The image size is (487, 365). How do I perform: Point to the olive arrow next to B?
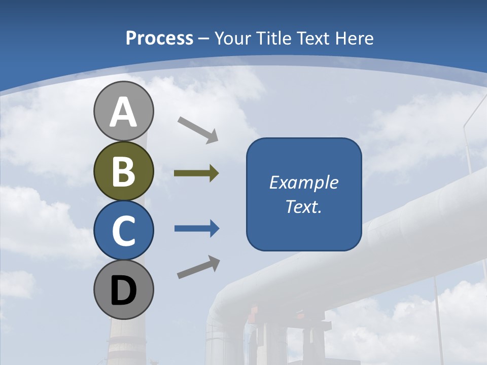(x=196, y=173)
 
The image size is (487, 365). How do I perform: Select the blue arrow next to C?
(x=197, y=229)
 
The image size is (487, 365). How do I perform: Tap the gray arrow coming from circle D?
(x=198, y=267)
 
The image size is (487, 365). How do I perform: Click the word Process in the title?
(x=159, y=39)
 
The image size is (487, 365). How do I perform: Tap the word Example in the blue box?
(x=303, y=182)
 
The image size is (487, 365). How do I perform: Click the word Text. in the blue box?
(x=303, y=207)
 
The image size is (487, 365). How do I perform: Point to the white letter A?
(x=123, y=113)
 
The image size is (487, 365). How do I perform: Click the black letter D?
(x=123, y=291)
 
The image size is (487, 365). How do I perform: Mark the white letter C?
(x=123, y=231)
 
